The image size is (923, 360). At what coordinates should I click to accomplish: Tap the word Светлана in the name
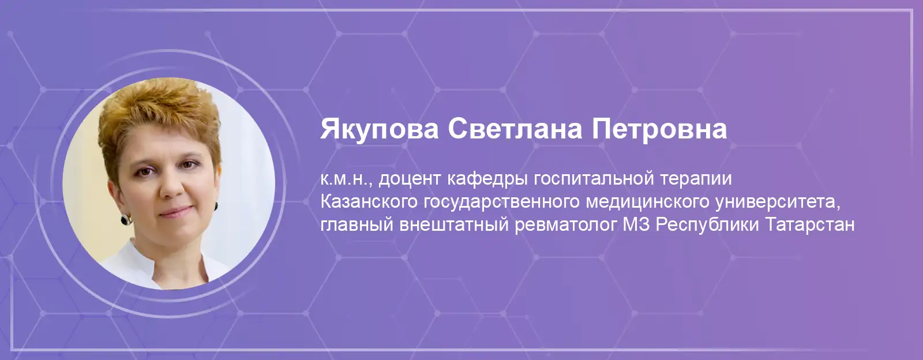tap(515, 129)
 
